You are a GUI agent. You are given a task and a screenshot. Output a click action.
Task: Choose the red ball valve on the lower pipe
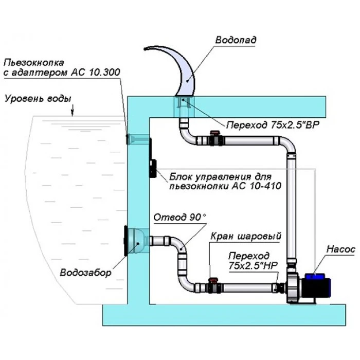point(211,282)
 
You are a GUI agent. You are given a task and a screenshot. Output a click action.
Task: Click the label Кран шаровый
point(246,237)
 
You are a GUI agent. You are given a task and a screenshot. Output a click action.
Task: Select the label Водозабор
point(84,273)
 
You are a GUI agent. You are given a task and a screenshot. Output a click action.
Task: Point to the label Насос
point(340,249)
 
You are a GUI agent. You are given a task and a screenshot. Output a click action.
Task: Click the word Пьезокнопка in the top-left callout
point(30,63)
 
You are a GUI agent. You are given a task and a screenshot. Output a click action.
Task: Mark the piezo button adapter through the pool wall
point(138,139)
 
